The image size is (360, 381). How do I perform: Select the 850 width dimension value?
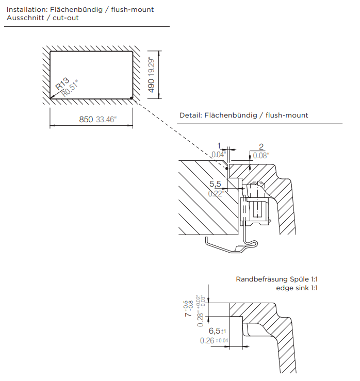86,120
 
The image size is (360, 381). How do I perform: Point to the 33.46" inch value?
107,120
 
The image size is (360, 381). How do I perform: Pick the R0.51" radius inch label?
70,89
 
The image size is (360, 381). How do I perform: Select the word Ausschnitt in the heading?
23,18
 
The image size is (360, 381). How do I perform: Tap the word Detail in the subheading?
190,115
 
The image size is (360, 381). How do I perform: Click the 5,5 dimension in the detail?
216,184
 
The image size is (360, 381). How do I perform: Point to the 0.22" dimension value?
216,194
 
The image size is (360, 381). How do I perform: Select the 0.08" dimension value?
261,155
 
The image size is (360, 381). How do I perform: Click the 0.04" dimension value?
219,155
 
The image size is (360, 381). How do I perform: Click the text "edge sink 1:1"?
297,288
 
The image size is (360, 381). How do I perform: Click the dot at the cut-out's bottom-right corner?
133,97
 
